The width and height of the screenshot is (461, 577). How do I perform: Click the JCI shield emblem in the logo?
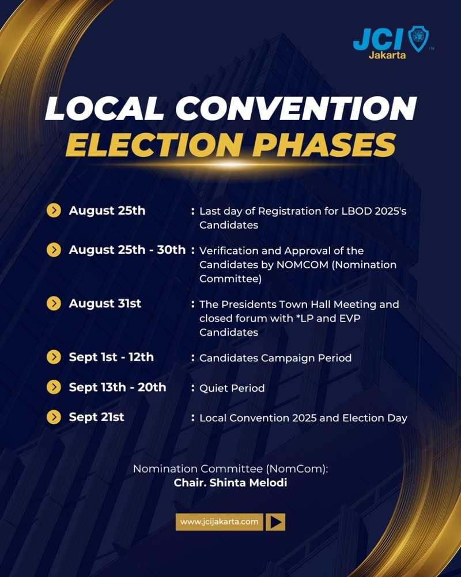click(418, 39)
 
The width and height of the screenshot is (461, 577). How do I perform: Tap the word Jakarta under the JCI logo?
click(387, 55)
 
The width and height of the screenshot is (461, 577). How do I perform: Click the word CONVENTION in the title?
click(296, 108)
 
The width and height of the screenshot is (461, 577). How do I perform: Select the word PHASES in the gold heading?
click(323, 145)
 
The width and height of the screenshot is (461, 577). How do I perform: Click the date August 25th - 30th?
click(127, 249)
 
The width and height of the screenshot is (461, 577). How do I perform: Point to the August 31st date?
click(105, 304)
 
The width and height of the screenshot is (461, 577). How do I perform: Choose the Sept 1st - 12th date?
click(111, 357)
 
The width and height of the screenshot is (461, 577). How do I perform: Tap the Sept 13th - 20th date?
click(118, 387)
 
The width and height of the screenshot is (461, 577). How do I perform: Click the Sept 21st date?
click(97, 417)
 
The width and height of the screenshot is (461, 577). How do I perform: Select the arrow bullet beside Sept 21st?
click(54, 417)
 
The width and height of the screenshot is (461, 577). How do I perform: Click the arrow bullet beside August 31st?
click(54, 304)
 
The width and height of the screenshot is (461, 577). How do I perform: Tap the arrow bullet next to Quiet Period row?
click(54, 387)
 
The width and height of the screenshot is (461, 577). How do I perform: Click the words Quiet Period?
click(232, 388)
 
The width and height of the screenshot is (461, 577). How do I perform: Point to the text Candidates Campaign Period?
click(275, 358)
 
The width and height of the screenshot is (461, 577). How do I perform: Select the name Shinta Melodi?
click(248, 482)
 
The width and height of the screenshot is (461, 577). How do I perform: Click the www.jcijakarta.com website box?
click(220, 522)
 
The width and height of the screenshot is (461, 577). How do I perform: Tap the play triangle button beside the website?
click(275, 522)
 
